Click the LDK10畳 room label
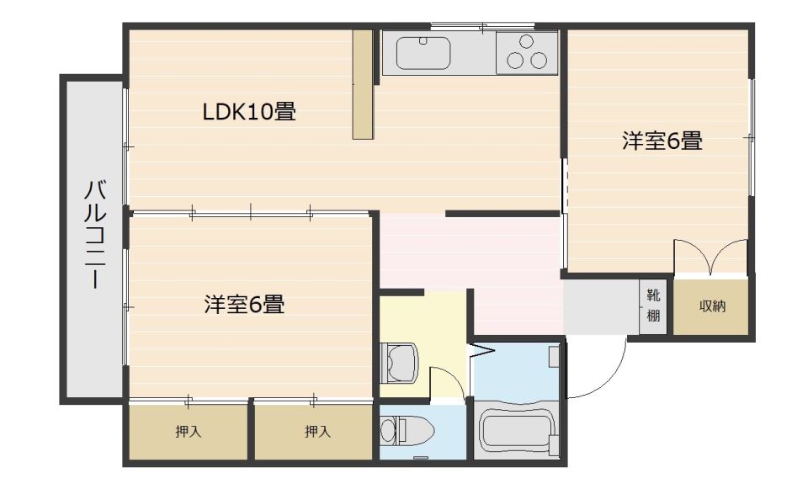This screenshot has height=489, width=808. click(x=249, y=111)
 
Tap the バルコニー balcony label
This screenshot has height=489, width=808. click(x=95, y=235)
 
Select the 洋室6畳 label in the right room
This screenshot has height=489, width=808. click(x=662, y=141)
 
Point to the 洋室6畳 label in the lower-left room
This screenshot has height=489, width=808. click(x=244, y=304)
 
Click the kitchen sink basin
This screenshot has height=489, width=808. click(x=423, y=52)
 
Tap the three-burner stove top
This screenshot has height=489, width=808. click(x=527, y=52)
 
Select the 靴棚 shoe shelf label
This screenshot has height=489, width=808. click(x=653, y=306)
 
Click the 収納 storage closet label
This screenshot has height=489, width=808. click(x=712, y=306)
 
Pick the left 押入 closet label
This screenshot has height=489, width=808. click(x=188, y=431)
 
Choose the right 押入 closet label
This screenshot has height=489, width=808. click(x=317, y=431)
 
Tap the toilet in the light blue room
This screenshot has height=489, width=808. click(x=407, y=431)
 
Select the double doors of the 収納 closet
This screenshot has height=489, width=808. click(x=710, y=257)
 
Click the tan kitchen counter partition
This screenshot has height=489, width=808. click(x=363, y=84)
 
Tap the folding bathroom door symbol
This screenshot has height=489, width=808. click(x=483, y=351)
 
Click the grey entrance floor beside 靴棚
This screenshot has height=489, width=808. click(x=601, y=307)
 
